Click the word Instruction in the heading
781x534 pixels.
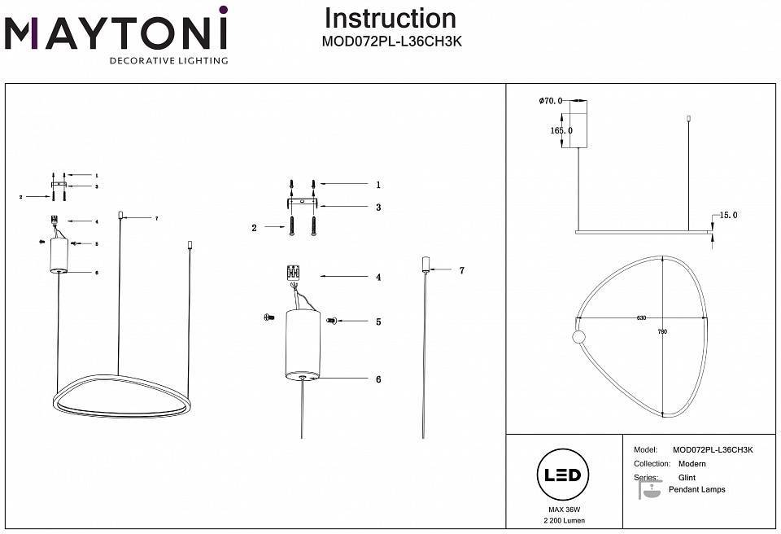[390, 18]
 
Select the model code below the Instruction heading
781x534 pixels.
[393, 42]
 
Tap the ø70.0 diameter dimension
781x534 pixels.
[551, 101]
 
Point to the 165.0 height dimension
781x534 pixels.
[561, 130]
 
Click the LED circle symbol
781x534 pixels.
[561, 475]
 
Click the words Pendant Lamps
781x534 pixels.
[696, 490]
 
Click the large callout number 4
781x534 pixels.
[378, 278]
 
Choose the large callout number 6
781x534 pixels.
[378, 379]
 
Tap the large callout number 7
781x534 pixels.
[461, 269]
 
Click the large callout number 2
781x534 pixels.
[254, 229]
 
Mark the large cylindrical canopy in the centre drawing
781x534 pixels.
[303, 344]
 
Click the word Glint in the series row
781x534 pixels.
[687, 478]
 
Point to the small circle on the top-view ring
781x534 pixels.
[579, 337]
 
